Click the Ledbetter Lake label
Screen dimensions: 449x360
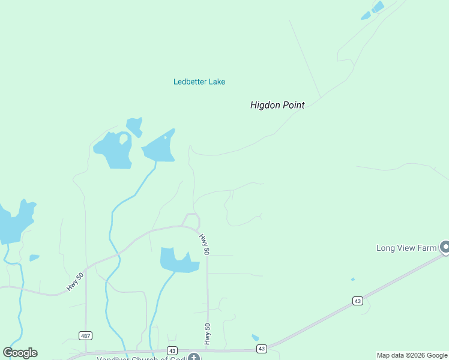click(x=199, y=82)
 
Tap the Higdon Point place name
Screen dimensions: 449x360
click(x=277, y=105)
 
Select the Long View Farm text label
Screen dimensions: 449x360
click(x=406, y=248)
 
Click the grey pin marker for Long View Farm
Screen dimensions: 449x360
click(x=445, y=247)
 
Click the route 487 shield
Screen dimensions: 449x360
click(x=85, y=335)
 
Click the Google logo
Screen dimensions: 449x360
click(x=20, y=353)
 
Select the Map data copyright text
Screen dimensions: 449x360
click(x=412, y=355)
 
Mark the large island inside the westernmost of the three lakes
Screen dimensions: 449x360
click(x=124, y=139)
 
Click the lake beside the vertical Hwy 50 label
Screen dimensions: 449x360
click(x=177, y=260)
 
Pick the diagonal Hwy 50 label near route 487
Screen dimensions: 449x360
click(x=76, y=280)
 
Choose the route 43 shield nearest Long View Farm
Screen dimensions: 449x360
click(x=358, y=301)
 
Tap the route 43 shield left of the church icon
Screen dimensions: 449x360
click(x=172, y=350)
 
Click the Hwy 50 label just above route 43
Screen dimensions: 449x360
click(x=207, y=335)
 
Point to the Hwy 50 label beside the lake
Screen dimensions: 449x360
click(x=205, y=244)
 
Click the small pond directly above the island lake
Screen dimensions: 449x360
click(x=134, y=125)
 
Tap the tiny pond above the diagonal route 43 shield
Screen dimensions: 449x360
click(x=352, y=279)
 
